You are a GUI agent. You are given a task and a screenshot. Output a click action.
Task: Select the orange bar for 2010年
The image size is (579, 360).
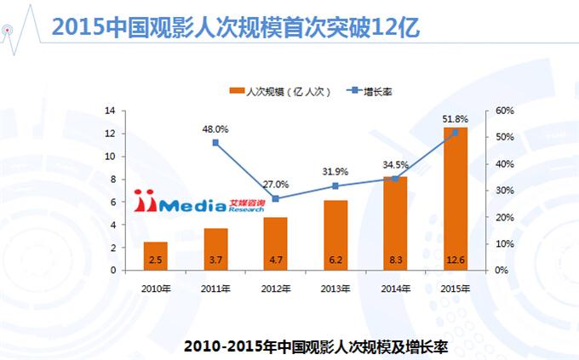click(x=155, y=255)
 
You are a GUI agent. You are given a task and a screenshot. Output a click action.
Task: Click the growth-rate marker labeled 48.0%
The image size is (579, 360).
click(x=215, y=142)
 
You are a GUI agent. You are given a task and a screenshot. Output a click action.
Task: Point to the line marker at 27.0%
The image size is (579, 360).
click(x=275, y=198)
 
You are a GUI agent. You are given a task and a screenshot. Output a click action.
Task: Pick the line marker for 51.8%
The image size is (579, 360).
click(x=456, y=133)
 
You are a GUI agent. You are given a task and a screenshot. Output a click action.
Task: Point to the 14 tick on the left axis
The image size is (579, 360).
click(x=110, y=111)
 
